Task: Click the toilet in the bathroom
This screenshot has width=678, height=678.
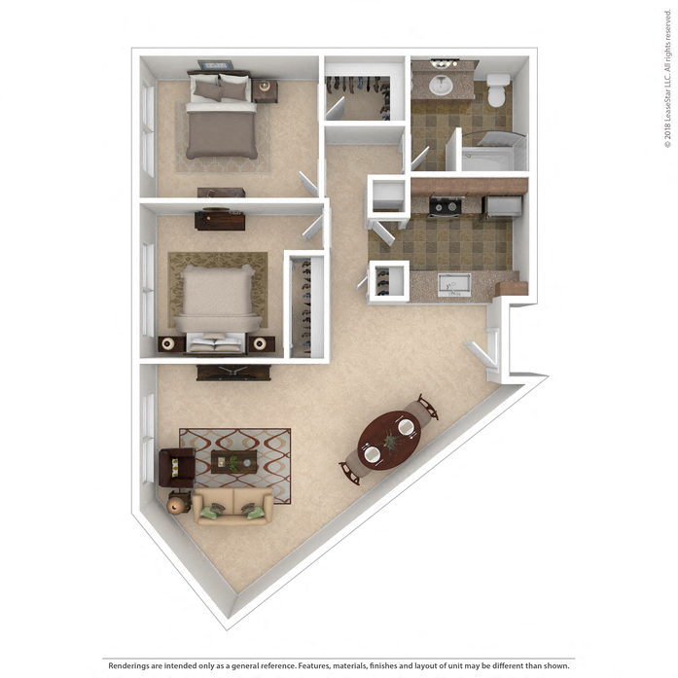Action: [x=497, y=90]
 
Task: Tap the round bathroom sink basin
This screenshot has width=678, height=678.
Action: [x=442, y=85]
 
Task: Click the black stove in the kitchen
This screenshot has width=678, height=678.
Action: [x=446, y=206]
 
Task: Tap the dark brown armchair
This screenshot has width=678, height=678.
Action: [x=175, y=469]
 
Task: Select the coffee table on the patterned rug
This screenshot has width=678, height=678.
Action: [x=234, y=463]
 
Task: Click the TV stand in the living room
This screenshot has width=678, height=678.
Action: [x=233, y=372]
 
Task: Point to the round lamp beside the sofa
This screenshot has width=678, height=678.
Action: [x=177, y=502]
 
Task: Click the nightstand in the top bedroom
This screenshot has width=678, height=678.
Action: [x=266, y=91]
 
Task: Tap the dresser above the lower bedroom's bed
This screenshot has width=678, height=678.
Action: [x=219, y=220]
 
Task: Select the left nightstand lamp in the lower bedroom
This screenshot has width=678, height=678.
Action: [x=169, y=343]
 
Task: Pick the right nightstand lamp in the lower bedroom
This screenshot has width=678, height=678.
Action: [x=262, y=342]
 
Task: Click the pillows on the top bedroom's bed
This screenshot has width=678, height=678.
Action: [x=220, y=89]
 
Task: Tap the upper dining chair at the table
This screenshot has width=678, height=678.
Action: [x=426, y=406]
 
